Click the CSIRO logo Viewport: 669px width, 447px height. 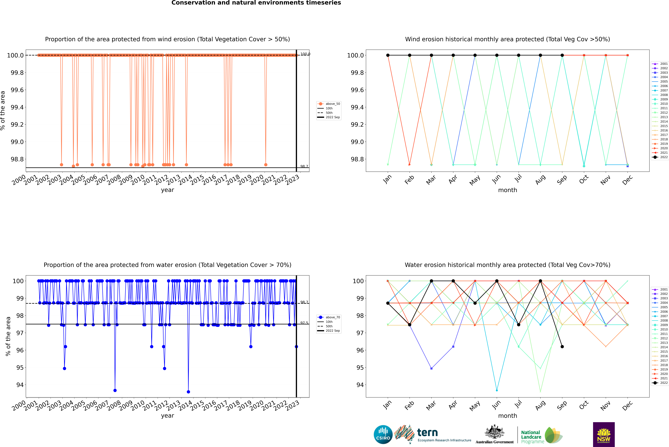click(383, 434)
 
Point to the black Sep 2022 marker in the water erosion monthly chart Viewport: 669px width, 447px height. click(562, 347)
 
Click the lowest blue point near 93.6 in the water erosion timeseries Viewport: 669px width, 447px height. click(188, 392)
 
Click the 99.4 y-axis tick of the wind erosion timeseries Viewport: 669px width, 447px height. click(17, 107)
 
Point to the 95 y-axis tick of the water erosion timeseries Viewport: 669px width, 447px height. click(20, 367)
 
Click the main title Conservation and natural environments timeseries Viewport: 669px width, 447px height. click(256, 3)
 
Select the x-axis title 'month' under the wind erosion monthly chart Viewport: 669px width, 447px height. click(507, 190)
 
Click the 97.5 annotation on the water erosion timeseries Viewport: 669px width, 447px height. click(304, 323)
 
